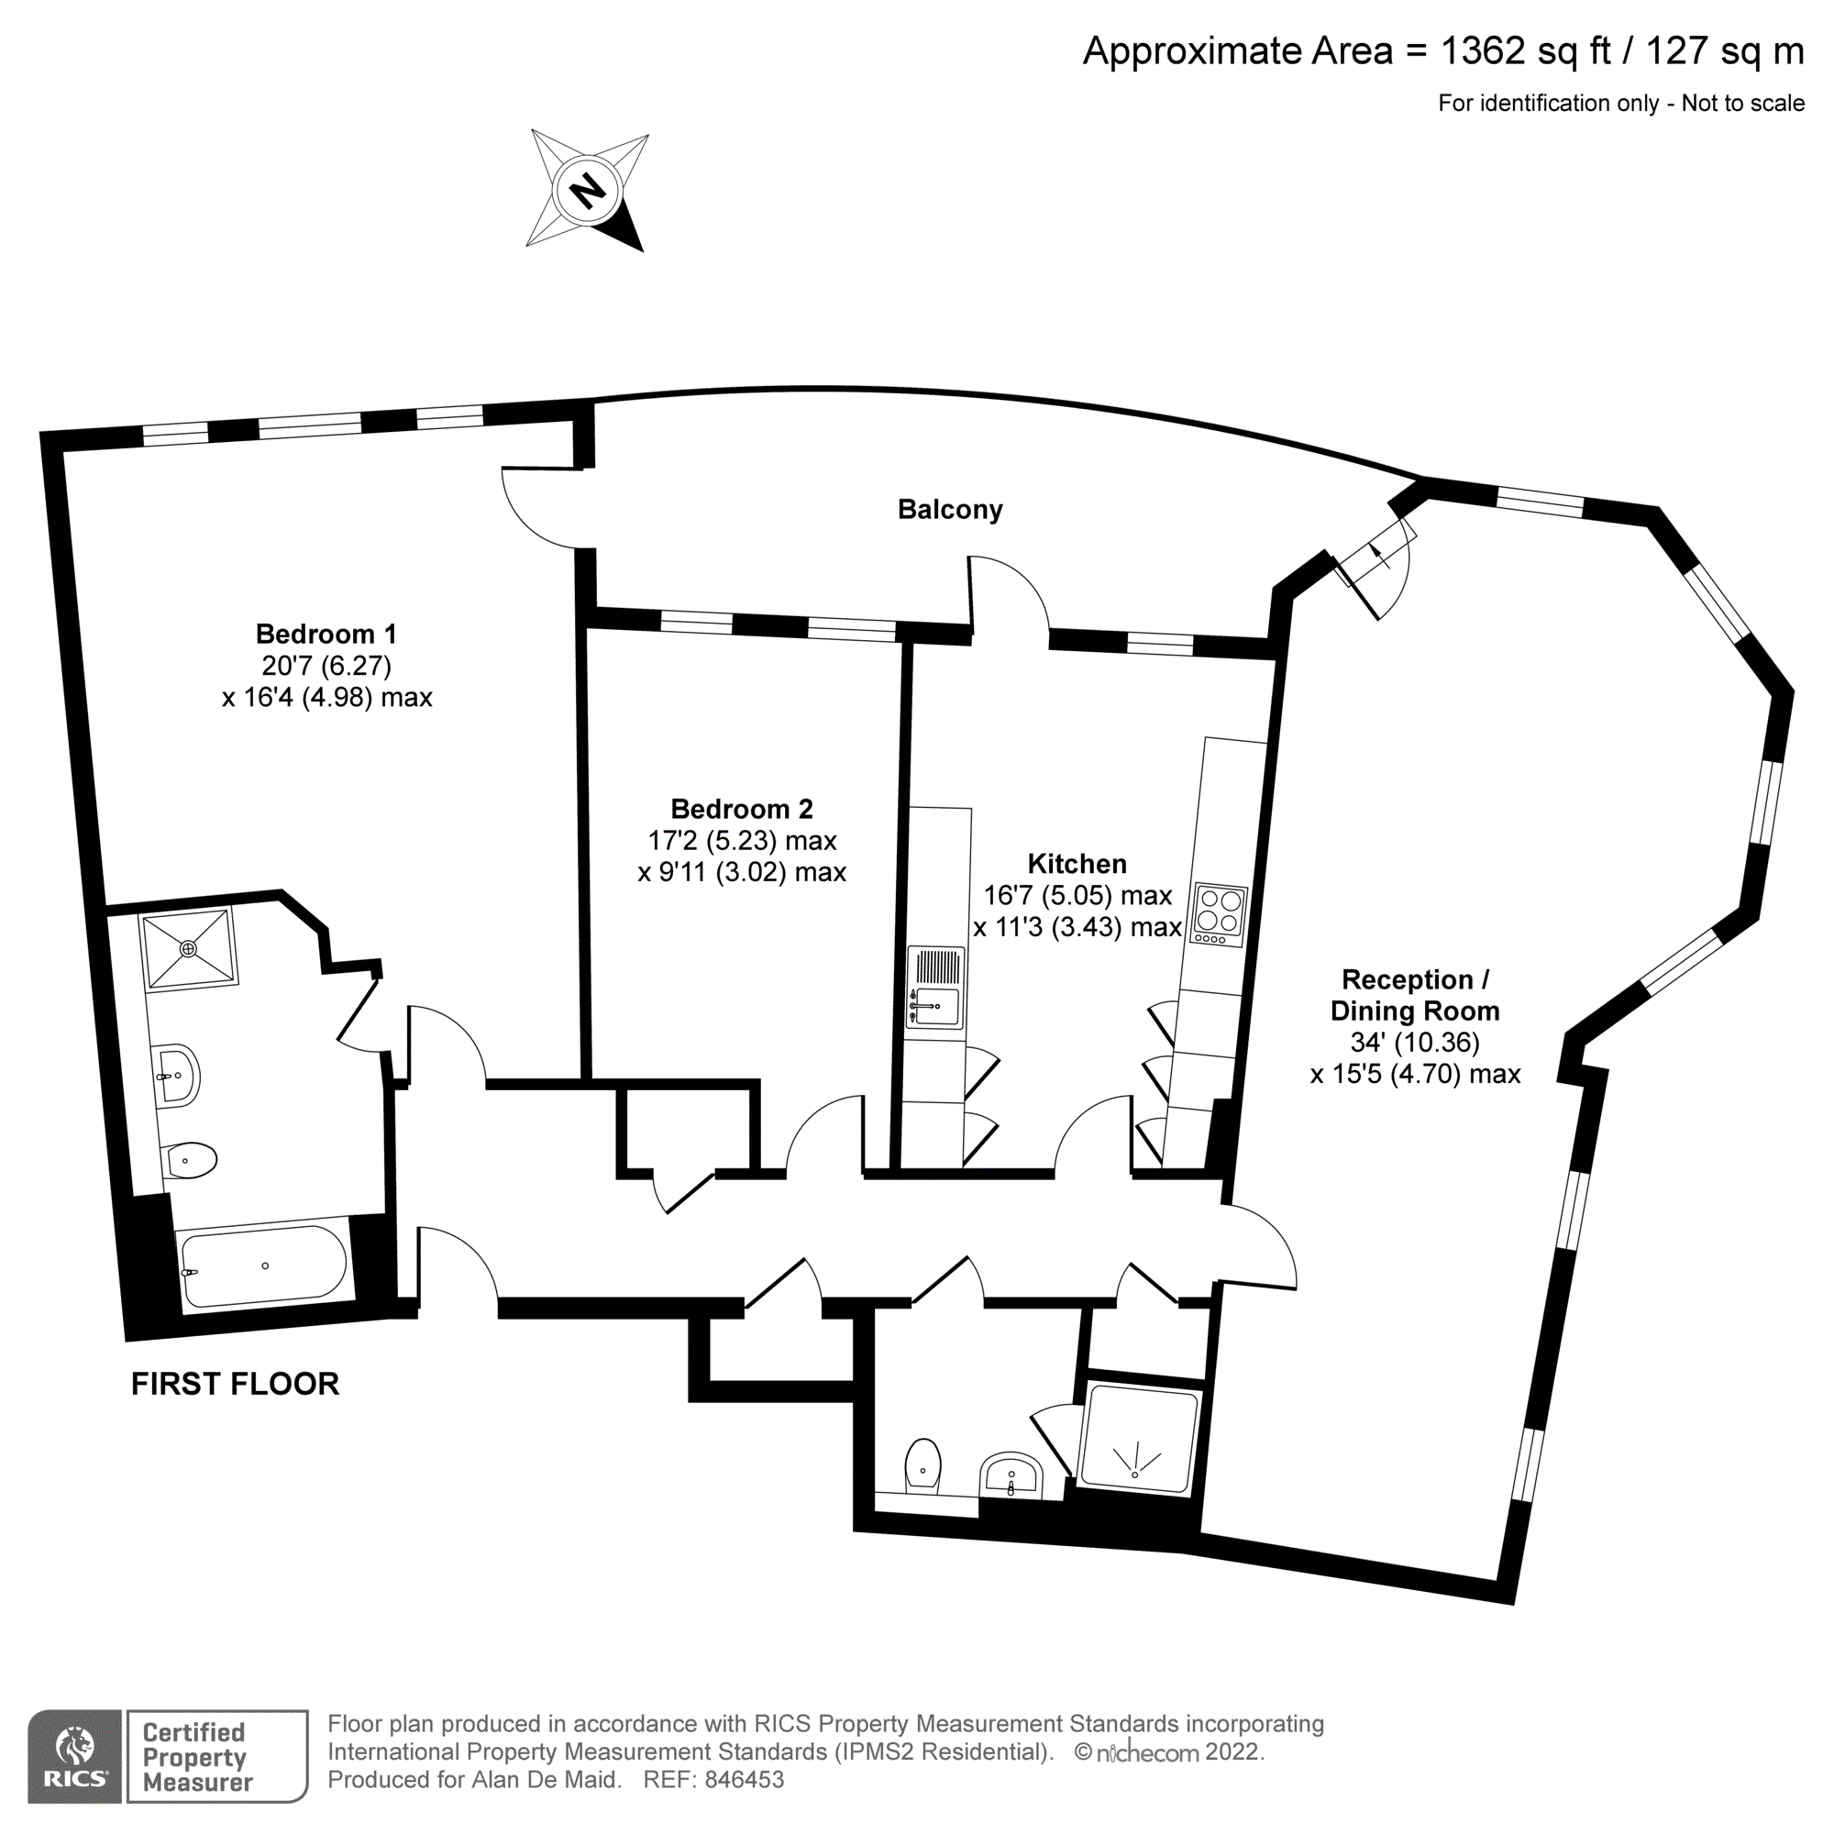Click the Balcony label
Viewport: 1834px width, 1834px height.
point(949,510)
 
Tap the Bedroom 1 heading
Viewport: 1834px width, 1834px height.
point(326,635)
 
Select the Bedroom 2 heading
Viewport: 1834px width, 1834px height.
point(741,809)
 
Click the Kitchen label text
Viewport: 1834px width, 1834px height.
point(1077,864)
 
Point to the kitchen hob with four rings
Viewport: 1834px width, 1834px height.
point(1219,914)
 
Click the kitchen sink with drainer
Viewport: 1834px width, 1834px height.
point(936,988)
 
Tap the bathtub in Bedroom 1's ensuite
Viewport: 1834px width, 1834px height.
point(264,1266)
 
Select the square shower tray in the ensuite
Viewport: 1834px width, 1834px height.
point(188,948)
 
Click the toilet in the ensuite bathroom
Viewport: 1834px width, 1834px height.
point(190,1160)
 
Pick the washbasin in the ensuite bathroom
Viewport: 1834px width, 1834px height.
point(177,1076)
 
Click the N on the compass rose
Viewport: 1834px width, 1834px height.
point(587,191)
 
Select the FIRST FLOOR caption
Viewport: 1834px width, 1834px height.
point(235,1384)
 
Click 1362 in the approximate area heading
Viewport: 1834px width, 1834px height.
point(1482,51)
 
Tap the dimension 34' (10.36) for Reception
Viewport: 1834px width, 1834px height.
point(1414,1043)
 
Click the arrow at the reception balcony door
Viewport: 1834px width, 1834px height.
point(1381,557)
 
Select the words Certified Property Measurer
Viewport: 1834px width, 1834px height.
point(197,1757)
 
